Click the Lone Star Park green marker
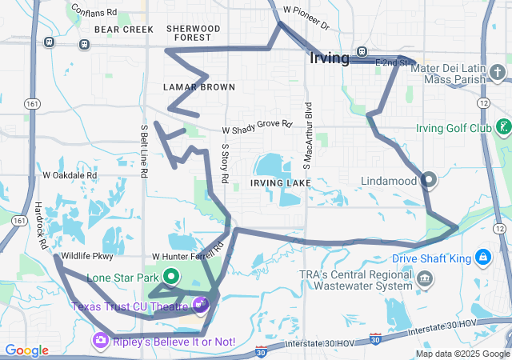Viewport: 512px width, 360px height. (170, 277)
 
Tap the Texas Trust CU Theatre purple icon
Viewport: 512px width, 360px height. (200, 304)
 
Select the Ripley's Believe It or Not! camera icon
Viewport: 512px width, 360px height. (101, 341)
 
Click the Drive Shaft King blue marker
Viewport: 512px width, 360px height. (482, 258)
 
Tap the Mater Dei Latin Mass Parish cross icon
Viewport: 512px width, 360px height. (498, 74)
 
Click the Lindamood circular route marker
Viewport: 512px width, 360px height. (428, 180)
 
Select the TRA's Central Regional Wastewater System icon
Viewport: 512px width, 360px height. (425, 280)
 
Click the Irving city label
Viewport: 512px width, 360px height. (330, 58)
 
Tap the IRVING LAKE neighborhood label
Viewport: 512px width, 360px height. (278, 183)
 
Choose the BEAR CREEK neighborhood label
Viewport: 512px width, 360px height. (123, 29)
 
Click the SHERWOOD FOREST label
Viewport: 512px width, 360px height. (193, 32)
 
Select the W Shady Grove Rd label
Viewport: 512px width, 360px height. (257, 127)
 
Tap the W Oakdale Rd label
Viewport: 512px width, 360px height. (70, 174)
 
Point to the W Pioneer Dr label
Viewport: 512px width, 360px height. (306, 16)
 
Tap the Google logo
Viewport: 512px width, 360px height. (27, 350)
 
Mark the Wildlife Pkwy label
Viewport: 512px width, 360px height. (88, 257)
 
